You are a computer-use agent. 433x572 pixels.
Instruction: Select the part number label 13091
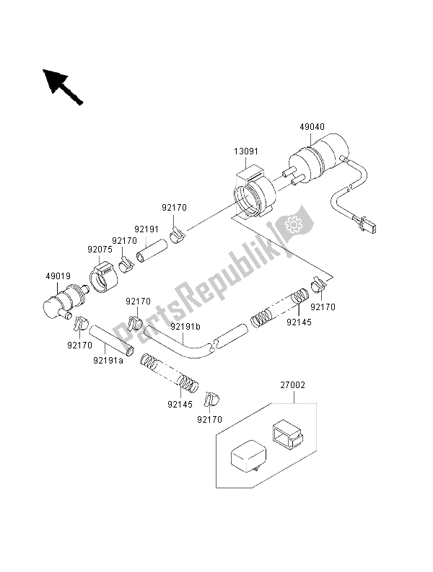pos(245,152)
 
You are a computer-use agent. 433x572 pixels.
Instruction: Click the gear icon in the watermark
pos(294,224)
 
